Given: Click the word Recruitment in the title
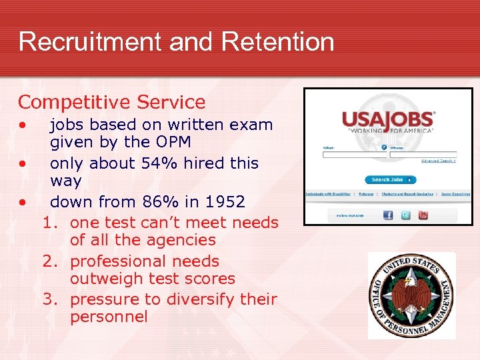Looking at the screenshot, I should point(91,41).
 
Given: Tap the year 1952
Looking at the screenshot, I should point(223,201).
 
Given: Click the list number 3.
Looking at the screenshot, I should point(48,299).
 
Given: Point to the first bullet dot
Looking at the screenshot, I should point(23,125).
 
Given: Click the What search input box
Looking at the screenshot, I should point(351,155).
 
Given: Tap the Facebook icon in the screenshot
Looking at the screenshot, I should point(388,215).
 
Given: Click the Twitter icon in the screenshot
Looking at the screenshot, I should point(405,215).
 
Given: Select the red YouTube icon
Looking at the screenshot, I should point(423,215).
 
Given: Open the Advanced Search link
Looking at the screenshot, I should point(438,161).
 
